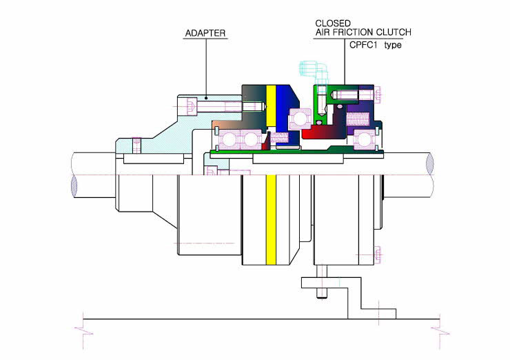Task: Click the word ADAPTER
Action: [205, 33]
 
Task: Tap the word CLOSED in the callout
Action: [329, 23]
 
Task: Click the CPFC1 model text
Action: [363, 45]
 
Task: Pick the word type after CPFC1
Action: [393, 45]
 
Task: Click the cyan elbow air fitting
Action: [314, 72]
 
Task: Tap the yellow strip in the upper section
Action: [271, 105]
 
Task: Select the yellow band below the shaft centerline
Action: [271, 220]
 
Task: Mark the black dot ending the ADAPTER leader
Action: [206, 97]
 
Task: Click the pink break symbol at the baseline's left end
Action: [83, 331]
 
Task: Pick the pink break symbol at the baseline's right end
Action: [440, 331]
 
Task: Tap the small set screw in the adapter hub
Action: [137, 145]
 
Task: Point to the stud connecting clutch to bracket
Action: [321, 281]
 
